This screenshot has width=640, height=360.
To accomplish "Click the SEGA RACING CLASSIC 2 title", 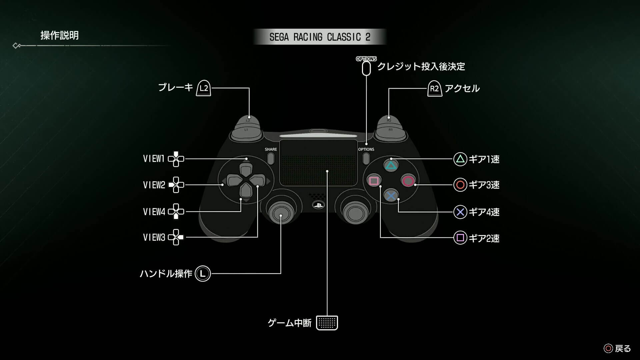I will [x=320, y=37].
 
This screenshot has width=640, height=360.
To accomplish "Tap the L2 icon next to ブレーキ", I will [x=203, y=88].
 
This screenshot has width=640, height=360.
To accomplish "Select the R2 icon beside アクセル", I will [x=435, y=89].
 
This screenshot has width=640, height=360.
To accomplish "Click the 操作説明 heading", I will [x=59, y=35].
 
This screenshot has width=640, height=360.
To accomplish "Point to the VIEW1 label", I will [x=154, y=159].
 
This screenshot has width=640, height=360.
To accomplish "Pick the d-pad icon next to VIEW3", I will [x=176, y=237].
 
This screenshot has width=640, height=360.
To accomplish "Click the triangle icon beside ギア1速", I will [x=460, y=159].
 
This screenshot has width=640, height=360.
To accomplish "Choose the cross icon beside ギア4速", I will [x=460, y=212].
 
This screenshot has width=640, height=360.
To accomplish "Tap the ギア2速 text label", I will [x=484, y=238].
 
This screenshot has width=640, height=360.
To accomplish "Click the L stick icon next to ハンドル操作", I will [x=203, y=274].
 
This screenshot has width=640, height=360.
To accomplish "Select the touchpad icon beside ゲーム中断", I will [x=327, y=323].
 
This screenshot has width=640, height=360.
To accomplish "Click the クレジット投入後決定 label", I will [x=421, y=67].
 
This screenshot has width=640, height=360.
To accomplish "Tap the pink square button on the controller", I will [x=374, y=181].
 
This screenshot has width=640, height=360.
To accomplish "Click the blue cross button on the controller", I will [x=391, y=196].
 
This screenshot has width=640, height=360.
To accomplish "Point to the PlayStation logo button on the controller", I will [x=318, y=205].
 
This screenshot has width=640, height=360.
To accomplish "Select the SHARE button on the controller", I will [x=271, y=158].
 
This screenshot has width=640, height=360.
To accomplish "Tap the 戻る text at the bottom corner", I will [x=623, y=349].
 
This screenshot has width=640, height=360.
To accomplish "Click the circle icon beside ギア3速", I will [x=460, y=185].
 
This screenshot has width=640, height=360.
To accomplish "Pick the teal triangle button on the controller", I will [x=391, y=165].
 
